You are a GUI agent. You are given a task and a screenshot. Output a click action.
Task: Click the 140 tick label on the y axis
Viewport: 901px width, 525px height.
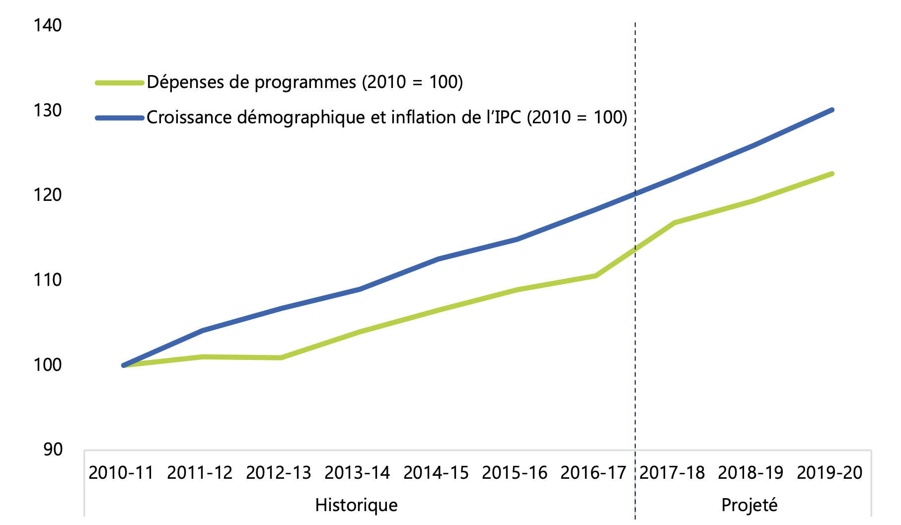[48, 25]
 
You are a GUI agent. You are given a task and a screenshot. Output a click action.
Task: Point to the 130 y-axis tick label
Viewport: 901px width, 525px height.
[48, 110]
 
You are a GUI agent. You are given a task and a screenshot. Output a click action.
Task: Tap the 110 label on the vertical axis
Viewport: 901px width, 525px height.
[48, 280]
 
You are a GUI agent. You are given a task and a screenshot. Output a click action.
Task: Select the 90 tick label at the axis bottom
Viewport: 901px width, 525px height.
[53, 449]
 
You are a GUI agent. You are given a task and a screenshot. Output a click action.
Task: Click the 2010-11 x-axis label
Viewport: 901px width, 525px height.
[121, 472]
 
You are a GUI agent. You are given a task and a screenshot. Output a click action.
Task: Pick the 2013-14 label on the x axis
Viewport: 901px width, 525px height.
[357, 472]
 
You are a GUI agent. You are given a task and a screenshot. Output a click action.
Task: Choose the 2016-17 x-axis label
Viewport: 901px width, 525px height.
[593, 472]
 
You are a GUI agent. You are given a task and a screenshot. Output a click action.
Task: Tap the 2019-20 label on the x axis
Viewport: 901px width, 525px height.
[829, 472]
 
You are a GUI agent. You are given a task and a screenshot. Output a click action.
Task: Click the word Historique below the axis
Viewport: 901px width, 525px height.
[356, 505]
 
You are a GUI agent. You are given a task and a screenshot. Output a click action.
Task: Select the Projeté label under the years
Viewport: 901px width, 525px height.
[749, 505]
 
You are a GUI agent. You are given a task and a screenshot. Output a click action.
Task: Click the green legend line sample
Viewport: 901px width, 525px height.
[120, 83]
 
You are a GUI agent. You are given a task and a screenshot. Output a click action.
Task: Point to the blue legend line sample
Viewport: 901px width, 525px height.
[120, 118]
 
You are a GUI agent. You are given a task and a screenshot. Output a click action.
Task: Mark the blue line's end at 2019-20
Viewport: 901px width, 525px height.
[832, 110]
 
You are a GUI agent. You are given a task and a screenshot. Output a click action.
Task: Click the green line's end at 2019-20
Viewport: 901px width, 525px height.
[832, 174]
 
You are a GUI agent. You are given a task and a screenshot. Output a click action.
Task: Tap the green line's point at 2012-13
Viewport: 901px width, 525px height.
[281, 358]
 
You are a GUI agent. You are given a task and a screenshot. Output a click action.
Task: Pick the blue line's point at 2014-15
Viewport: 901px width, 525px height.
[439, 259]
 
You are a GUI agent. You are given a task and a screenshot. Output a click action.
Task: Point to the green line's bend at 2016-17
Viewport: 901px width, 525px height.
[596, 275]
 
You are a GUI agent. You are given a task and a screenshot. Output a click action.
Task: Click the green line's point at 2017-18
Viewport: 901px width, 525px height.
[675, 222]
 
